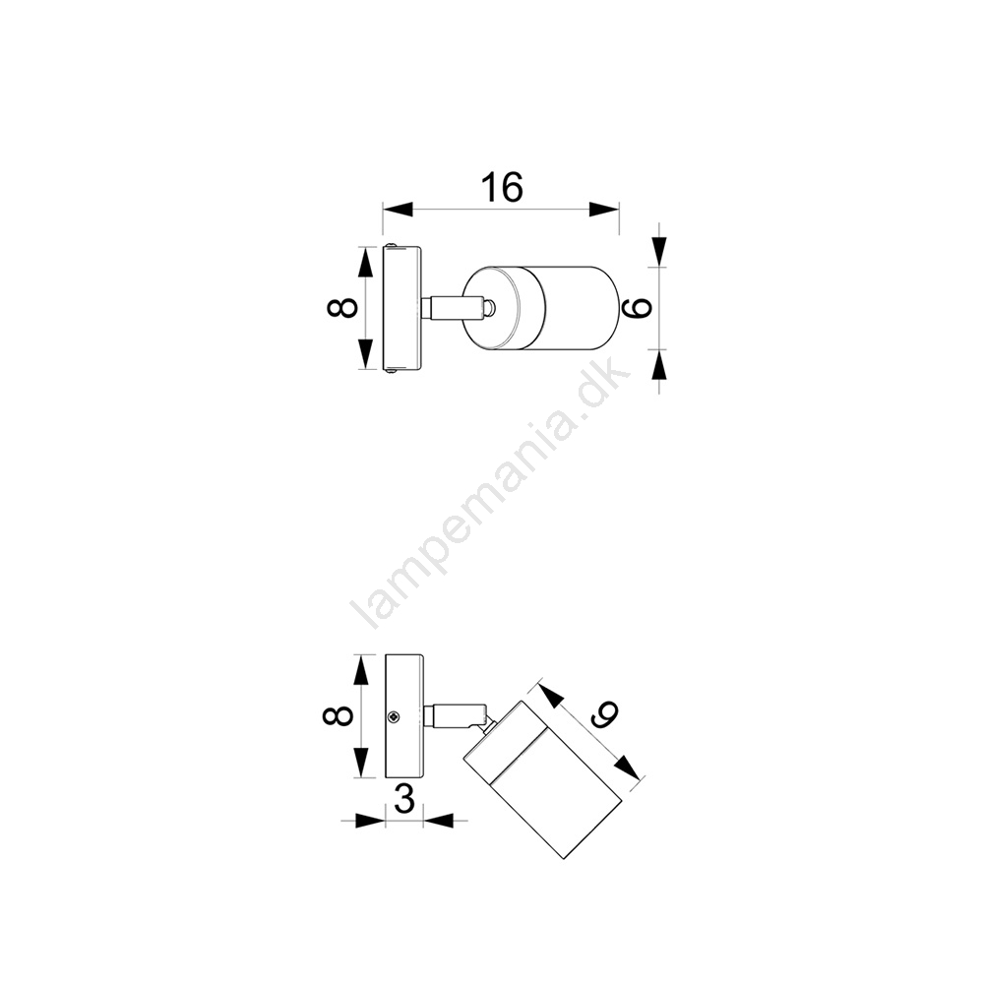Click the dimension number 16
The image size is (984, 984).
coord(502,187)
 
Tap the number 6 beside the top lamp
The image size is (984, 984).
coord(635,307)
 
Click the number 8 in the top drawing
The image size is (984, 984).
coord(343,308)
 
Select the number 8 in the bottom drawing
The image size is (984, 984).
coord(338,716)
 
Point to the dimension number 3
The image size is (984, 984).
coord(404,799)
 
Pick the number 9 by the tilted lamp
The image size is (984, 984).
coord(602,712)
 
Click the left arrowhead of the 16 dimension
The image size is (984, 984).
coord(398,210)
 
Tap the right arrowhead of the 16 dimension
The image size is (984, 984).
coord(604,210)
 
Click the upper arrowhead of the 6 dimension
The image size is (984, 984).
coord(658,251)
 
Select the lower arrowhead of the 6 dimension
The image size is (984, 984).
coord(658,364)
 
